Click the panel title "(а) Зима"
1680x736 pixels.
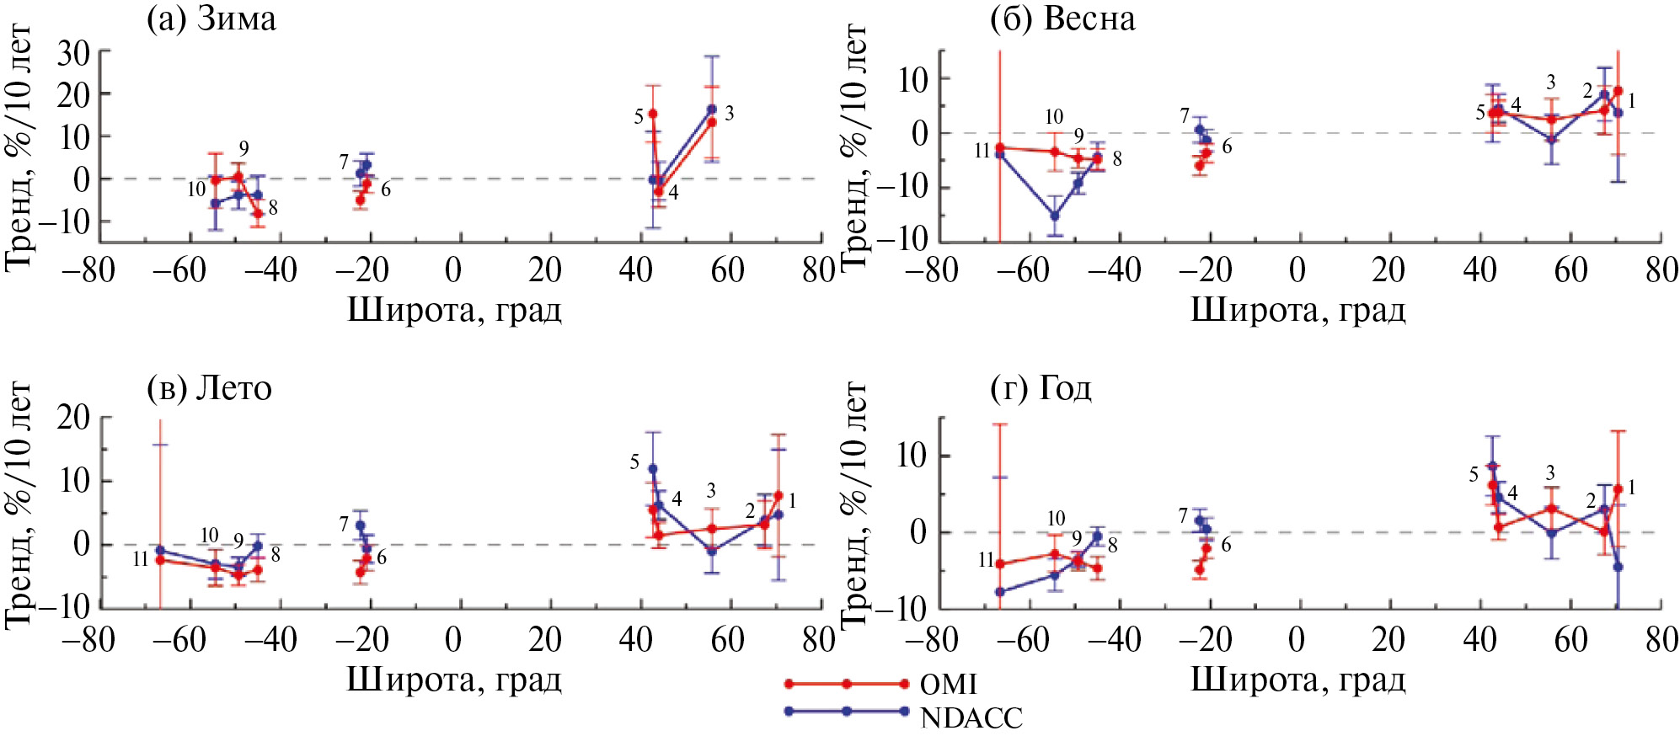[x=211, y=19]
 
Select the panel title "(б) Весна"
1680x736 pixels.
[x=1062, y=19]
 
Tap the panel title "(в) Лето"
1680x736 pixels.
[x=209, y=388]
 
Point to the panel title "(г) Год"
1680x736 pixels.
[x=1041, y=388]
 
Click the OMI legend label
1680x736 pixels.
[x=948, y=685]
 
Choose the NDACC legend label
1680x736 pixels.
[x=971, y=718]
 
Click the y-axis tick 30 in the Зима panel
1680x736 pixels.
[x=73, y=53]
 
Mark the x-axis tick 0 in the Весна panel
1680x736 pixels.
[x=1297, y=270]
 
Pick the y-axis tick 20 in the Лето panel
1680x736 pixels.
[x=73, y=417]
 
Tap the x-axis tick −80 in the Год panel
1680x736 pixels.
[x=931, y=640]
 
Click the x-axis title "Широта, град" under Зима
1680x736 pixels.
[x=454, y=311]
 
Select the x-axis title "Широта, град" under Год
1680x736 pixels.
[x=1297, y=680]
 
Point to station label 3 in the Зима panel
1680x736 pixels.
[x=729, y=114]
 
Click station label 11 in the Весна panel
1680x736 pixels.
[x=982, y=152]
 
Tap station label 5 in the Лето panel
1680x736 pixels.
[x=634, y=462]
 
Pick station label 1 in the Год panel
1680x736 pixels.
[x=1631, y=488]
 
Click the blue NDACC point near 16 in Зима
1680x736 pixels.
[x=712, y=109]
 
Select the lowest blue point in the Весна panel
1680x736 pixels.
[x=1054, y=216]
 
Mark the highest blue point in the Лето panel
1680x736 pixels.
[x=653, y=469]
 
